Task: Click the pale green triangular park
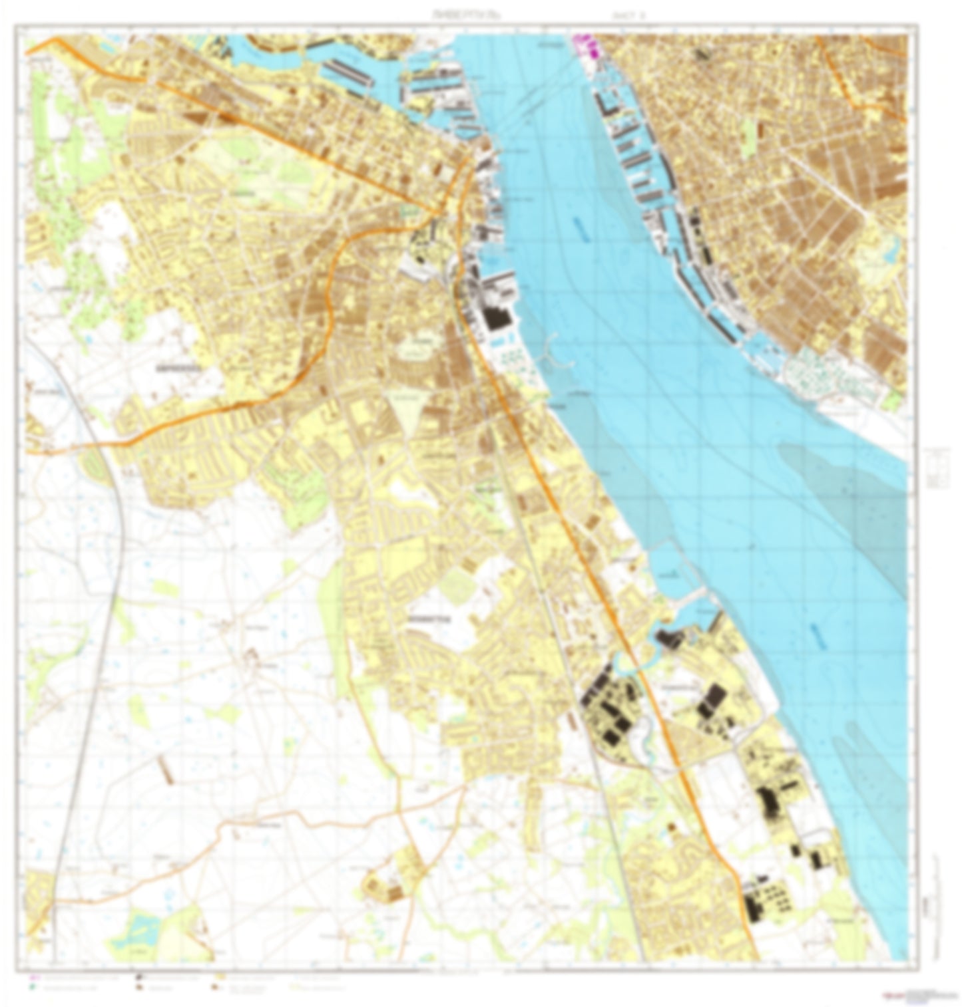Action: [x=407, y=406]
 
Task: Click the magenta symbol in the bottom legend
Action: [x=34, y=978]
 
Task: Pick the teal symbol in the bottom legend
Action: [x=34, y=987]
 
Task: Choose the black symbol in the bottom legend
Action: [x=138, y=978]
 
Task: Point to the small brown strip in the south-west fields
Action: [x=164, y=769]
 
